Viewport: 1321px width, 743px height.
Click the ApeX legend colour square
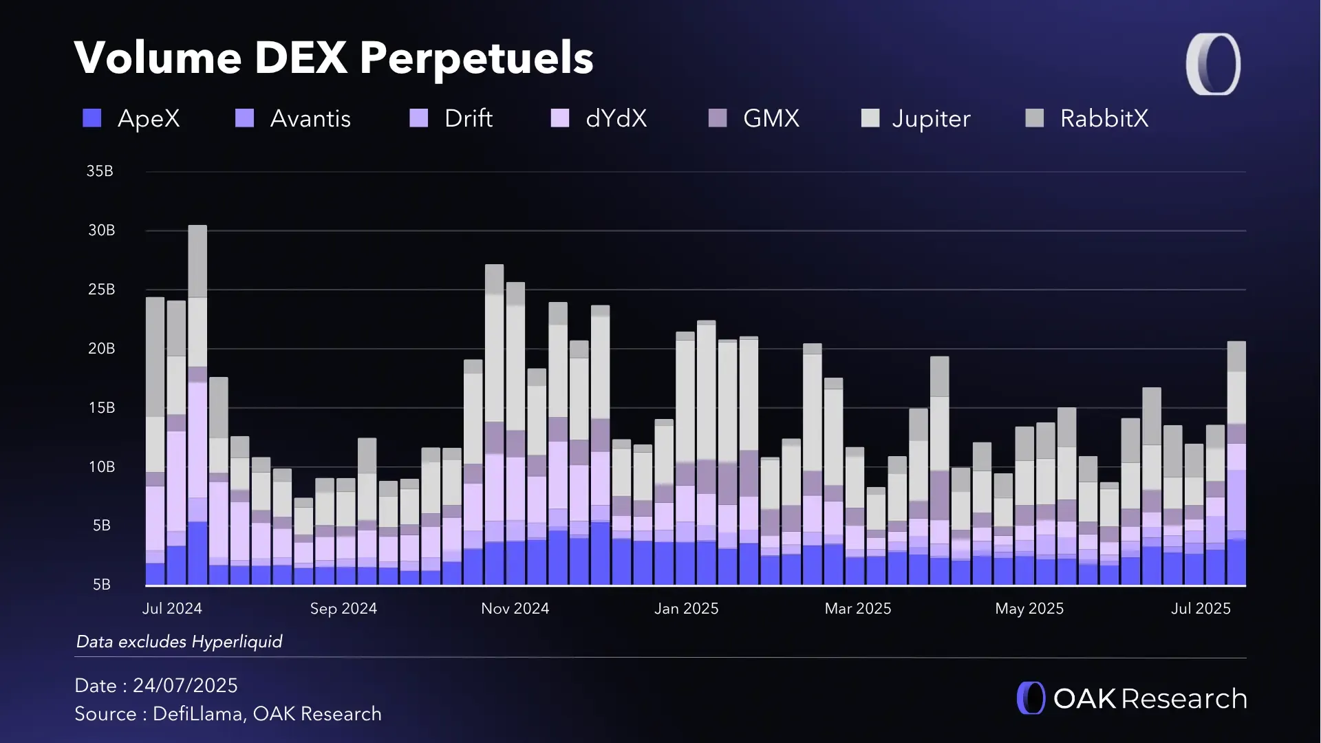click(92, 118)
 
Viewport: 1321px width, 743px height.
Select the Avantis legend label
click(310, 118)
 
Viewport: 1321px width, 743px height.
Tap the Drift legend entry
click(468, 118)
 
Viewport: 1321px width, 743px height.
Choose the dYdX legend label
click(616, 118)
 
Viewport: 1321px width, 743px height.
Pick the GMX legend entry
click(771, 118)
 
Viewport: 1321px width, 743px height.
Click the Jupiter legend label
click(931, 118)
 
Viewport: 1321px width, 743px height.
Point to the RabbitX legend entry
click(1104, 118)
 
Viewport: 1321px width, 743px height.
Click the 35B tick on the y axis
click(100, 171)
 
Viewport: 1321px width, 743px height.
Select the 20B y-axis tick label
click(101, 349)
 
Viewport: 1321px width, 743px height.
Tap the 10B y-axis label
click(101, 467)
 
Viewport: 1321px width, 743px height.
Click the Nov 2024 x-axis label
click(515, 609)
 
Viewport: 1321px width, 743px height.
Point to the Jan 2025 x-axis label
click(686, 609)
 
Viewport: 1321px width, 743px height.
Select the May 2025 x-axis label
click(1029, 609)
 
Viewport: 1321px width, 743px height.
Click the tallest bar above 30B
click(197, 406)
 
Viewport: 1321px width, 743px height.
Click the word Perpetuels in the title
click(476, 58)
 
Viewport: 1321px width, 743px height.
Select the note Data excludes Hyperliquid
click(179, 642)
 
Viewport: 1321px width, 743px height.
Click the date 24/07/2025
click(185, 686)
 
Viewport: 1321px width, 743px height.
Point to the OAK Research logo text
click(1150, 699)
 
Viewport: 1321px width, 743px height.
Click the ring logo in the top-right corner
click(1213, 64)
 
